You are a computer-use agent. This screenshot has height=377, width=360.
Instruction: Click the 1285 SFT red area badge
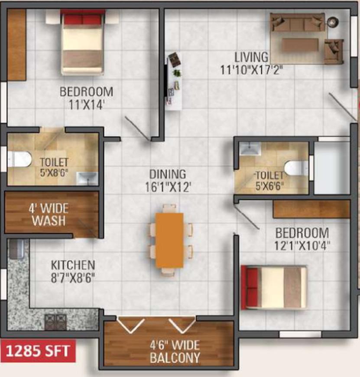38,351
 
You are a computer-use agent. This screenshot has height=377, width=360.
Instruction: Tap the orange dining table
169,240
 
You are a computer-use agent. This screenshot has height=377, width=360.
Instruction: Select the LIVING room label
251,57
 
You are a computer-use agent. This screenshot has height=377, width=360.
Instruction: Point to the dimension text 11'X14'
87,105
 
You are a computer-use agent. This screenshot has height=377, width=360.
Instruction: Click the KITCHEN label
73,265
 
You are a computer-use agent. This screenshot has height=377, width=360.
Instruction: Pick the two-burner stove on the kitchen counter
55,322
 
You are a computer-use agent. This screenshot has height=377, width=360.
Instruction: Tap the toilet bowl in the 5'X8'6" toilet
19,159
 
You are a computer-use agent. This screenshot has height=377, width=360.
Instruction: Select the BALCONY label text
175,358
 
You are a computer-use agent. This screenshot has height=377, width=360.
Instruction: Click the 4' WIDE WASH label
49,214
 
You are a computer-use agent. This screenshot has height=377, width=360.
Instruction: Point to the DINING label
168,174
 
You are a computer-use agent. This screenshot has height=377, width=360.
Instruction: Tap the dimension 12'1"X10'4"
302,246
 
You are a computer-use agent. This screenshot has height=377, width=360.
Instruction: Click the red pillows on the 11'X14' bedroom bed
82,19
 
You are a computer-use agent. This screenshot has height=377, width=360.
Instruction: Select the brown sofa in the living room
298,23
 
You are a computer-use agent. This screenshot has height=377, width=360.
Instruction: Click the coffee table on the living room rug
300,45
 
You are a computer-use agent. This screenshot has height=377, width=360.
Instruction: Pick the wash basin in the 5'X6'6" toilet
250,149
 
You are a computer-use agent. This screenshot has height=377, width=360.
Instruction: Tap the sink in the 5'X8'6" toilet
87,179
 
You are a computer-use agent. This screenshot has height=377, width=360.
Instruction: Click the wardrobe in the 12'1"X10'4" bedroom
311,209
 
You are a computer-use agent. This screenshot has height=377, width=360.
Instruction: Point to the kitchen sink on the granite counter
16,249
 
